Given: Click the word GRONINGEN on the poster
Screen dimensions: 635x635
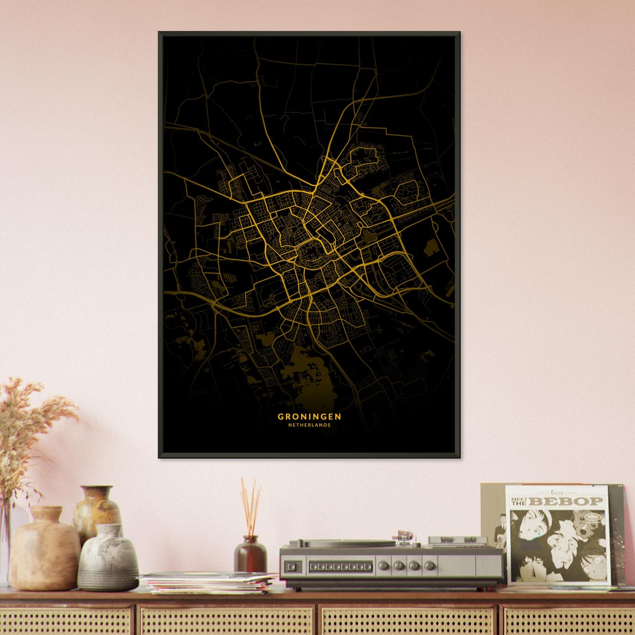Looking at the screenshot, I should tap(309, 416).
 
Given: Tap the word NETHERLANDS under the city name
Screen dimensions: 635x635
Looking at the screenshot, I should tap(309, 425).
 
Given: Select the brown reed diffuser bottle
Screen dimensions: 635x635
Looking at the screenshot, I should tap(250, 555).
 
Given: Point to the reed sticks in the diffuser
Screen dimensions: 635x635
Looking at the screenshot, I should tap(250, 505).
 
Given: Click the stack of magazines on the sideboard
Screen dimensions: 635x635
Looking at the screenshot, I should tap(209, 582).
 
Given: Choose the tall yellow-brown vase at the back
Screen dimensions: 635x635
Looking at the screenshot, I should tap(97, 510).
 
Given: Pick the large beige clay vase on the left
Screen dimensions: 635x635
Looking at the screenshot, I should tap(44, 549).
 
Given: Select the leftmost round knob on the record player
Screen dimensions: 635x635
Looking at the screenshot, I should tap(385, 566).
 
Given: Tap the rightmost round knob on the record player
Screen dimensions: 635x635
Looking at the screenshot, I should tap(430, 566).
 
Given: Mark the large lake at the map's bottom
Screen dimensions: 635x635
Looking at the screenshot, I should tap(308, 374).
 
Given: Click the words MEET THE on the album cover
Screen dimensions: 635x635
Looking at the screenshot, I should tap(519, 501).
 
